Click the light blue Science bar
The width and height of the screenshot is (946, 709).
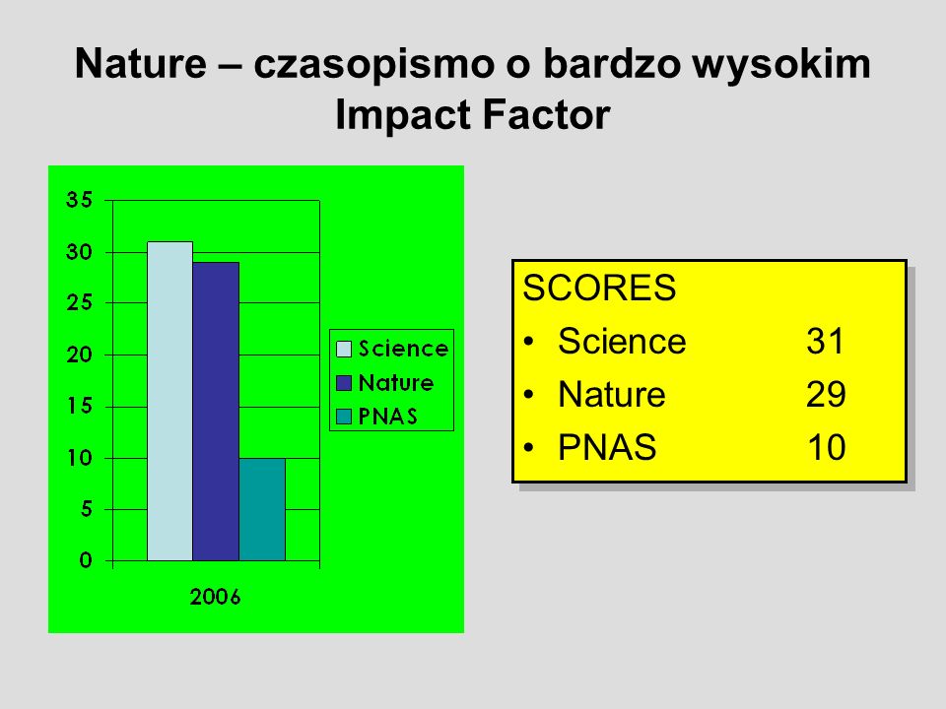pos(170,401)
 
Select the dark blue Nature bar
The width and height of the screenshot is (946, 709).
pos(216,412)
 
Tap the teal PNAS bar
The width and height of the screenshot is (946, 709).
pos(262,509)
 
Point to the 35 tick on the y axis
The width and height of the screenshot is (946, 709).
pos(79,200)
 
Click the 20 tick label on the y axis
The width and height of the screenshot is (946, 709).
pos(79,354)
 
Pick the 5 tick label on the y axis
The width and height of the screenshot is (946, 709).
pos(87,509)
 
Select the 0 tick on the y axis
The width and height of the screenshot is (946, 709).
pos(87,560)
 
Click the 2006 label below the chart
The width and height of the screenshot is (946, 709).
pos(216,597)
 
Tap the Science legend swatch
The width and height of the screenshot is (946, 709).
pos(344,349)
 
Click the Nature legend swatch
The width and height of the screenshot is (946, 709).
pos(344,383)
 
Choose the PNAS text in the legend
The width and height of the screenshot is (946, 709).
pos(388,417)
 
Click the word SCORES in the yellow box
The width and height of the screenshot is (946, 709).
pos(599,288)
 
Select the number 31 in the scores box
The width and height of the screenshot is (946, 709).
pos(825,342)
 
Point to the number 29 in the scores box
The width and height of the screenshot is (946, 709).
pos(826,394)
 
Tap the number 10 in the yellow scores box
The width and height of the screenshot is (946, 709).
pos(827,447)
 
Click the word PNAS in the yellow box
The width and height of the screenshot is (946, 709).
pos(607,447)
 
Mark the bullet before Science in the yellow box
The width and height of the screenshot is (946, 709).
pos(529,342)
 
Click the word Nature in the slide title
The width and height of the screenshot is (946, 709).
pos(141,64)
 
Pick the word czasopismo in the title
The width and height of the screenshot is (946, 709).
pos(374,65)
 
